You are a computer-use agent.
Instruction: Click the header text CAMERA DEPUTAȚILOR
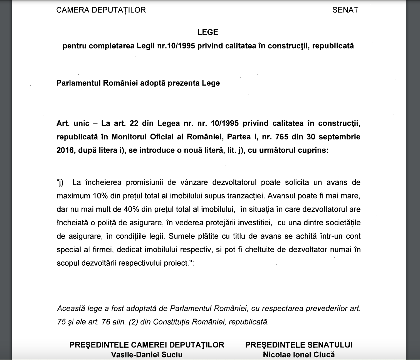pos(101,10)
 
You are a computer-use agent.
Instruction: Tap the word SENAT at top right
pos(345,10)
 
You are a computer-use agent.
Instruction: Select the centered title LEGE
pos(207,32)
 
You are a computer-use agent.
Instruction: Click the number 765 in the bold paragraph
pos(281,137)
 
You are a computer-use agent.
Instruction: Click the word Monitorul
pos(129,137)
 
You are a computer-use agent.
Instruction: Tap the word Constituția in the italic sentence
pos(171,322)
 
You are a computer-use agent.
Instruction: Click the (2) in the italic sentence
pos(134,322)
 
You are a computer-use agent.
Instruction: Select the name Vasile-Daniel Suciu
pos(147,355)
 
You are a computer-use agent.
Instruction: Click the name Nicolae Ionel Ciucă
pos(299,355)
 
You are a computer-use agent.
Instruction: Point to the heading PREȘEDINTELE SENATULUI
pos(299,345)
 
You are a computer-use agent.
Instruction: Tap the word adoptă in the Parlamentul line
pos(153,83)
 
